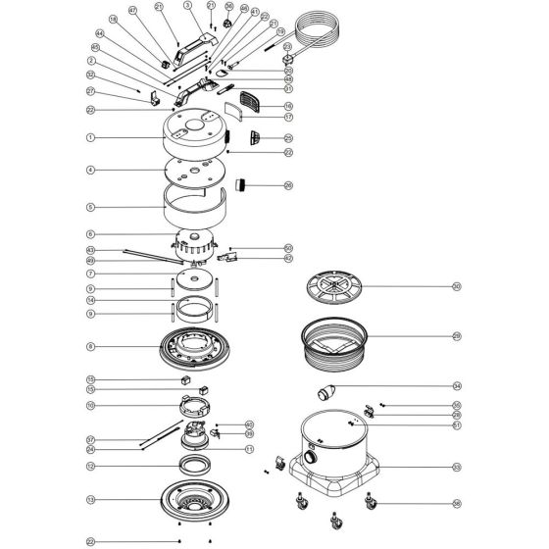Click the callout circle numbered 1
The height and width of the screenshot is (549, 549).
[x=90, y=138]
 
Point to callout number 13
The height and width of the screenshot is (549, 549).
[x=90, y=499]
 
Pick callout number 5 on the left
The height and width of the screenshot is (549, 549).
[x=90, y=208]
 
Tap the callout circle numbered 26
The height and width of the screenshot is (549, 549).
[x=288, y=185]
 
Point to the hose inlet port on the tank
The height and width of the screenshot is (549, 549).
[x=312, y=457]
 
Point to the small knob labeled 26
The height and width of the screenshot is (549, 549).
[x=241, y=185]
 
